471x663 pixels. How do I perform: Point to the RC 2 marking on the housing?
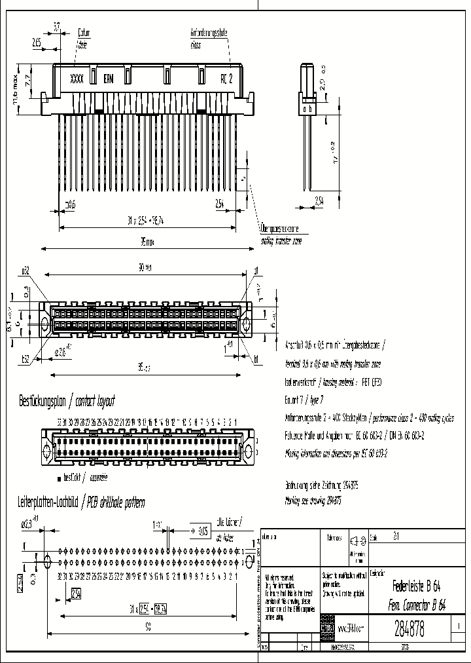click(226, 77)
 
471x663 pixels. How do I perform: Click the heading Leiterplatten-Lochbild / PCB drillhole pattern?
click(80, 502)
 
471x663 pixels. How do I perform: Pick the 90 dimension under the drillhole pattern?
click(148, 627)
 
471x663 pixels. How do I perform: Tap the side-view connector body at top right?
click(307, 92)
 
